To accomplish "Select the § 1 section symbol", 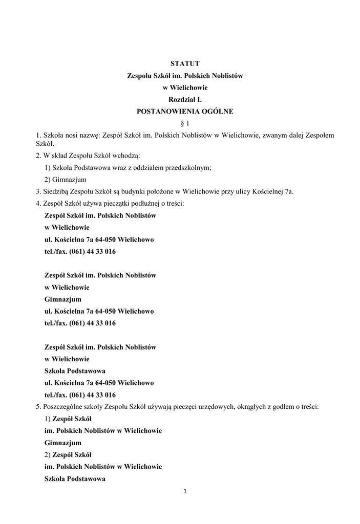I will click(185, 123).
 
